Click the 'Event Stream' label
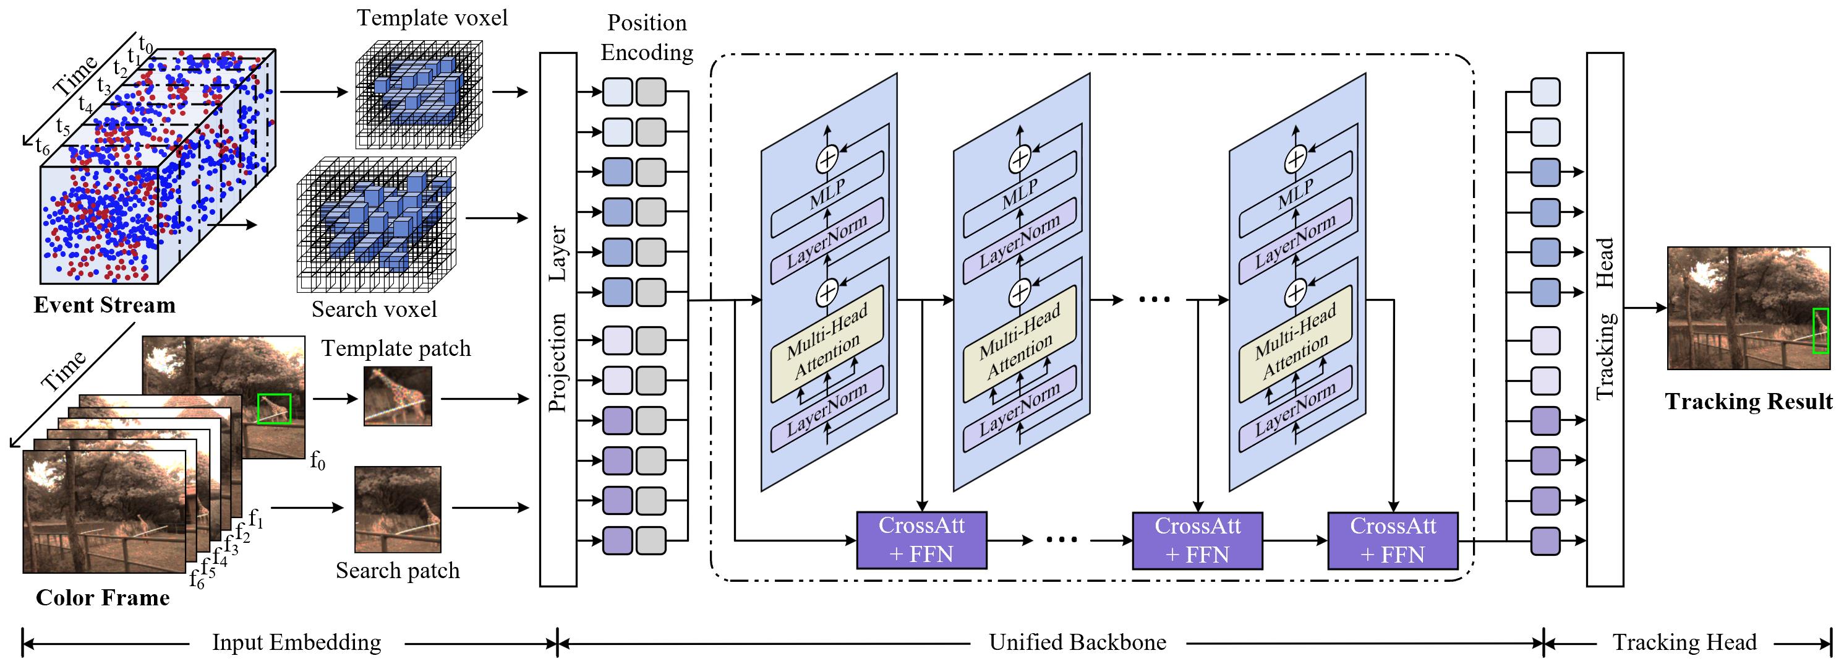(x=105, y=305)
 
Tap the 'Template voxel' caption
(x=432, y=18)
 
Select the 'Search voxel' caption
(x=373, y=309)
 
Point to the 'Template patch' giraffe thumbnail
(x=398, y=396)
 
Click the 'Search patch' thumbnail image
(x=398, y=509)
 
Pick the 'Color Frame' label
(x=103, y=597)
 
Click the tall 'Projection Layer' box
(x=558, y=319)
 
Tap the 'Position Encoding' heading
(x=646, y=37)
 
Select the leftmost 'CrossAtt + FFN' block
(x=921, y=540)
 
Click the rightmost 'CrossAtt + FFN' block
(x=1393, y=540)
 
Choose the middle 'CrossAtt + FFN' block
(x=1197, y=540)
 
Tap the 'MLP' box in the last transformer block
(x=1295, y=192)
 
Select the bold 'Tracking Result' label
(x=1748, y=401)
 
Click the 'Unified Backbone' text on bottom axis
(x=1077, y=642)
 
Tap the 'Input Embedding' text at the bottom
(x=296, y=642)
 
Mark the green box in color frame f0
(x=274, y=408)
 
